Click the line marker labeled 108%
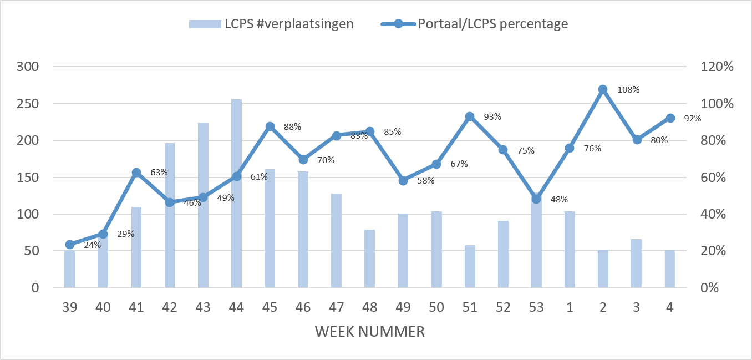603,89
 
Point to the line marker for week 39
70,245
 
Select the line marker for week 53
536,199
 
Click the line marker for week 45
270,126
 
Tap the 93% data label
492,117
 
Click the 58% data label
425,181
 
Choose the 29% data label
125,234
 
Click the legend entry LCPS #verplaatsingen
271,24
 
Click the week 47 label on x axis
337,308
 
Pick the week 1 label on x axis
570,308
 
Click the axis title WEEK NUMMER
370,332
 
